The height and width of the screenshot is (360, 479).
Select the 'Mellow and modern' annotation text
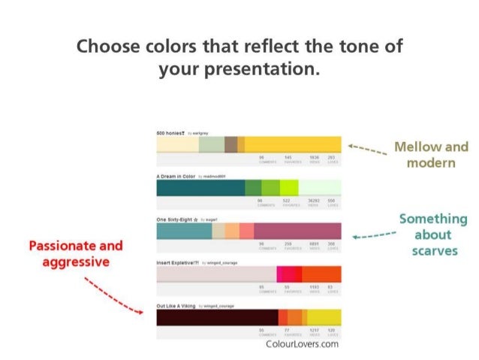tap(430, 155)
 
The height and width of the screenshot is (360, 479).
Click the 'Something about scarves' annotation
tap(432, 234)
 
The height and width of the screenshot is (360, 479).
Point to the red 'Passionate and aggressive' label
tap(75, 253)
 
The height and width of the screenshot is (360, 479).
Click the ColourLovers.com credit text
tap(303, 344)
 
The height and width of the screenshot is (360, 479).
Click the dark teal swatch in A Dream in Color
tap(200, 188)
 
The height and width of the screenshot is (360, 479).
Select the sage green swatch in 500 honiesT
tap(211, 144)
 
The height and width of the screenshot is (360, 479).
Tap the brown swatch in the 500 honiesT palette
tap(230, 144)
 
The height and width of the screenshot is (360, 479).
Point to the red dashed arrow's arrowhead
tap(143, 310)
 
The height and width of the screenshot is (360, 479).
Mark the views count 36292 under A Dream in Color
tap(314, 201)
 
